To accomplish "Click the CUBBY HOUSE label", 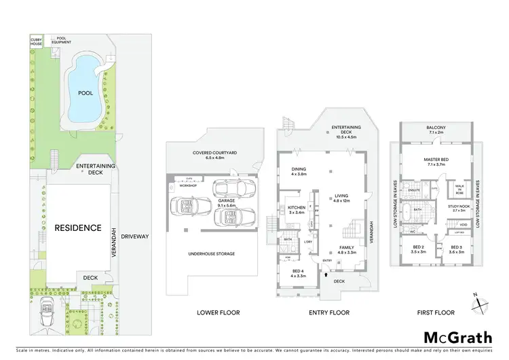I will (37, 42).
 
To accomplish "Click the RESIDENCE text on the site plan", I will (78, 228).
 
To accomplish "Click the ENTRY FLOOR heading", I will (329, 312).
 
